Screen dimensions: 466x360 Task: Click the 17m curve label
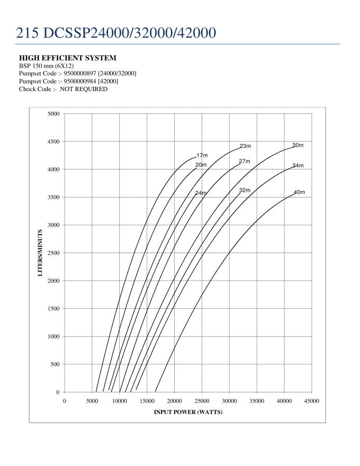pyautogui.click(x=202, y=156)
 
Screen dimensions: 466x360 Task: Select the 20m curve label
pyautogui.click(x=201, y=165)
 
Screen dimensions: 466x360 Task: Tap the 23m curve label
pyautogui.click(x=245, y=146)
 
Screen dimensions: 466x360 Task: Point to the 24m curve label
pyautogui.click(x=201, y=193)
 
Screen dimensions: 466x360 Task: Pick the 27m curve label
pyautogui.click(x=244, y=162)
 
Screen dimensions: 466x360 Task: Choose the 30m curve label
pyautogui.click(x=298, y=146)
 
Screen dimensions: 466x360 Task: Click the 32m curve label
pyautogui.click(x=244, y=190)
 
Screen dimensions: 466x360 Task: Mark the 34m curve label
pyautogui.click(x=298, y=166)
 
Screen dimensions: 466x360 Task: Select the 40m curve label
pyautogui.click(x=299, y=192)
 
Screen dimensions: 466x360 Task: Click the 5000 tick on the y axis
pyautogui.click(x=53, y=114)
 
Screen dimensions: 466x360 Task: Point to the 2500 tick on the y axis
pyautogui.click(x=53, y=253)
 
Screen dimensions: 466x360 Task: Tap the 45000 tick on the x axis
pyautogui.click(x=311, y=401)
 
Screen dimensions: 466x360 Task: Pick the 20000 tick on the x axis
pyautogui.click(x=174, y=401)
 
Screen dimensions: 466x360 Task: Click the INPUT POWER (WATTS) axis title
pyautogui.click(x=188, y=413)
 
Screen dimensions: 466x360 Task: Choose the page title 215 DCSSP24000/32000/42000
pyautogui.click(x=115, y=32)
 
